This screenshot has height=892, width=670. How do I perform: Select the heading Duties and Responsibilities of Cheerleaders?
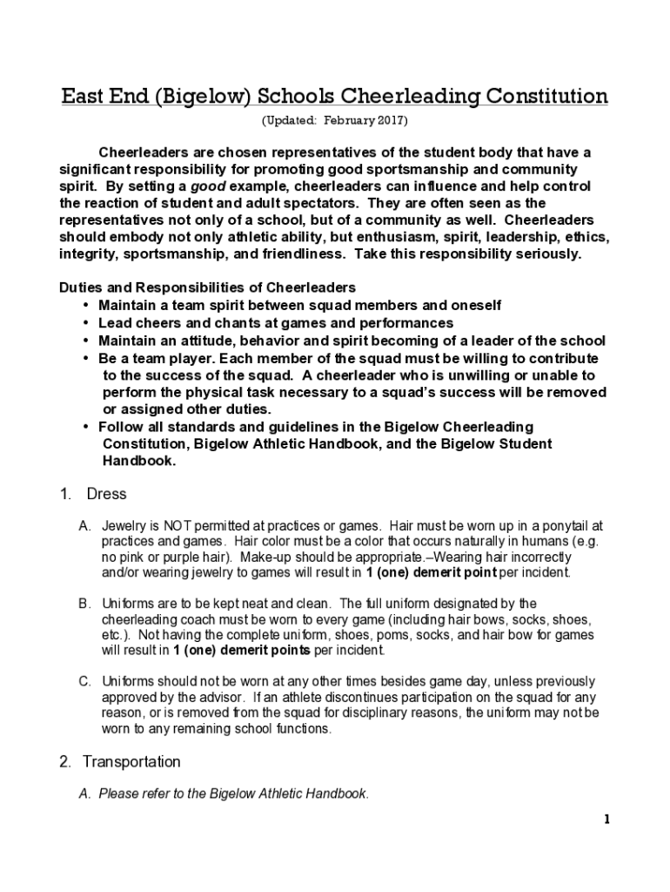(x=207, y=287)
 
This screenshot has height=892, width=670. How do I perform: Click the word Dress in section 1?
(x=106, y=494)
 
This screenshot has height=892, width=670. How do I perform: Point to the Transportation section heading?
(x=131, y=761)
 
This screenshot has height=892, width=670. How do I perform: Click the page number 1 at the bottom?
(x=606, y=820)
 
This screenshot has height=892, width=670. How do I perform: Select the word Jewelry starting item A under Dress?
(x=124, y=526)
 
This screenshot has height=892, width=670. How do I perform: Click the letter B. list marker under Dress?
(x=84, y=603)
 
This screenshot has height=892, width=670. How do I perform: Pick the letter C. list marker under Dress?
(x=84, y=680)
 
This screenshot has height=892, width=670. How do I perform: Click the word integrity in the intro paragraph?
(x=87, y=254)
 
